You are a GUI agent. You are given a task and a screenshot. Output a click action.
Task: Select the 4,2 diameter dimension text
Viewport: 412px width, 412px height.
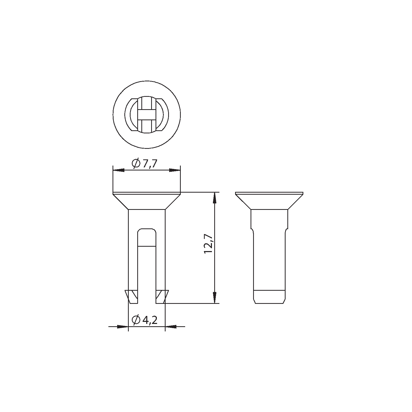(149, 320)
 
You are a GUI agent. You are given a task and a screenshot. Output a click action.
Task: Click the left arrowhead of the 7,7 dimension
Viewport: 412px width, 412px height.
(119, 170)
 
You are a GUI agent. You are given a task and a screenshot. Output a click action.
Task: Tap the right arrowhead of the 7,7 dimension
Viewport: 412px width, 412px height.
(175, 170)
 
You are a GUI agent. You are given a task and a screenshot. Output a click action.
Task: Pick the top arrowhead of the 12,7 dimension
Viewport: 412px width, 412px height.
(214, 198)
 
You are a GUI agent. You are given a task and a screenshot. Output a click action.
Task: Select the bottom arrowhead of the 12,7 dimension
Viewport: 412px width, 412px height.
(214, 298)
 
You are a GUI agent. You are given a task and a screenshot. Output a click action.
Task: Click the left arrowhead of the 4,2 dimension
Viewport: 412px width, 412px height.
(123, 327)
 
